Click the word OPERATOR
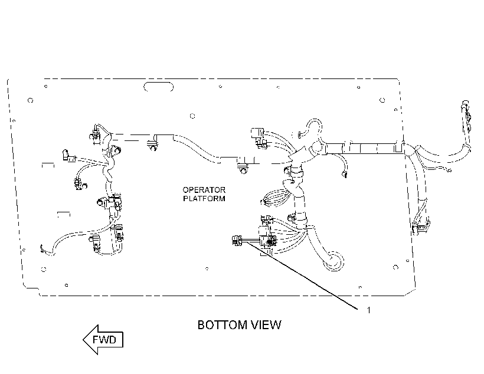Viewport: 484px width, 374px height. [204, 190]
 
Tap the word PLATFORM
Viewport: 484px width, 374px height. [204, 198]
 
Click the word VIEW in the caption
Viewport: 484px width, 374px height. [266, 325]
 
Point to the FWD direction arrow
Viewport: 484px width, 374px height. [103, 339]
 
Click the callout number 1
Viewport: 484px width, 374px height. [368, 310]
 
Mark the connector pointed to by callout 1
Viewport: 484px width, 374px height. [237, 240]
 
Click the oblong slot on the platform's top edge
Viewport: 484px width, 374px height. [158, 87]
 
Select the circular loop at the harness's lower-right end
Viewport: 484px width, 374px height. [333, 261]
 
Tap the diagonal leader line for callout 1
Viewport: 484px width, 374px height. [302, 275]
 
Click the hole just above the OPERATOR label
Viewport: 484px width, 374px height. [192, 116]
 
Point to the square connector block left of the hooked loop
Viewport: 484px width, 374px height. [257, 133]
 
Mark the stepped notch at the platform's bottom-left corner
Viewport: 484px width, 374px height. [32, 290]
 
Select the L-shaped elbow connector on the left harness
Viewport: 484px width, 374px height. [68, 155]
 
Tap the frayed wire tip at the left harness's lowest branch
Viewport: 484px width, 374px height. [42, 250]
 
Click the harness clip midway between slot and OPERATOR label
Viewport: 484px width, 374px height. [152, 145]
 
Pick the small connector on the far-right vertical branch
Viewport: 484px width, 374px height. [420, 228]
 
